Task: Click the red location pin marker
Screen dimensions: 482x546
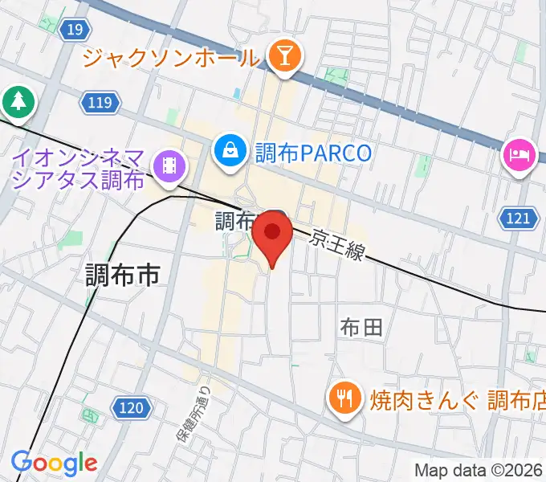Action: tap(273, 235)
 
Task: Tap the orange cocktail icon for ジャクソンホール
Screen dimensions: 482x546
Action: tap(283, 56)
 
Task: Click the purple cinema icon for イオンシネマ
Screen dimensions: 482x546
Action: tap(170, 166)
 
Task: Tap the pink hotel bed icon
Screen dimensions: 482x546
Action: tap(520, 152)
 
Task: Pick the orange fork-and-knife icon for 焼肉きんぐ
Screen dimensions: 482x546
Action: tap(344, 396)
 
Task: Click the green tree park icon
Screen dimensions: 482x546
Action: tap(17, 100)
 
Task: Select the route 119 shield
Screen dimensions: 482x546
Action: tap(100, 102)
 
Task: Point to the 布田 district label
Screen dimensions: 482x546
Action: tap(361, 327)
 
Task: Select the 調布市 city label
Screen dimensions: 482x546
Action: tap(123, 276)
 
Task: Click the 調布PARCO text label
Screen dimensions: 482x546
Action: tap(312, 152)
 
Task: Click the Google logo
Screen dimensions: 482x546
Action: tap(54, 464)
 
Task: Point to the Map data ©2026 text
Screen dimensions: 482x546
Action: tap(479, 470)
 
